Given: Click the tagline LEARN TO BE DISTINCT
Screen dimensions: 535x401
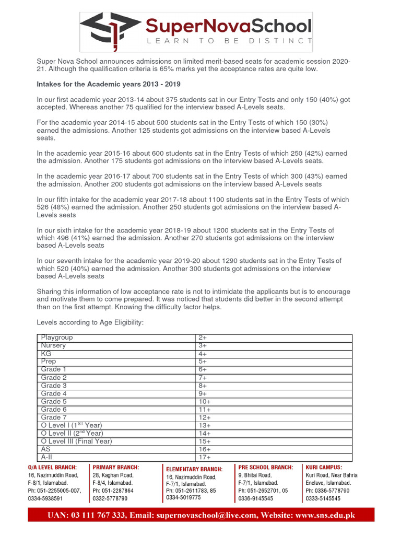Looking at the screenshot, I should click(x=222, y=41).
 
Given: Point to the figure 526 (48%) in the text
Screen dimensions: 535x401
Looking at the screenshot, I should click(x=57, y=207).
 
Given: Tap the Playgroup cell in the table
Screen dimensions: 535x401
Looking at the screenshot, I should click(x=57, y=338).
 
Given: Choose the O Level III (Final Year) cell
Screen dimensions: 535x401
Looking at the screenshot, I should click(x=76, y=441).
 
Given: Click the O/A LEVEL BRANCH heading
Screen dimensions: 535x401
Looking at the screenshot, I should click(x=52, y=467).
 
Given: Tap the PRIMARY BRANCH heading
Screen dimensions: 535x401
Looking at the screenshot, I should click(x=116, y=467).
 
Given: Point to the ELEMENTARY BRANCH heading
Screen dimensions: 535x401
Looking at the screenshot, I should click(x=194, y=469).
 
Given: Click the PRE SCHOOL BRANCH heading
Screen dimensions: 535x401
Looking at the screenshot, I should click(x=265, y=467).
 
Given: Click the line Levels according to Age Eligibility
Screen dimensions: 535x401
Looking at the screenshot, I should click(x=90, y=323).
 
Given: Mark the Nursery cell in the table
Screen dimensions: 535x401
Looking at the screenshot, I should click(x=53, y=345).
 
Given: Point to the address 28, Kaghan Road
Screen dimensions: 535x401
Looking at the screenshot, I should click(x=113, y=475).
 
